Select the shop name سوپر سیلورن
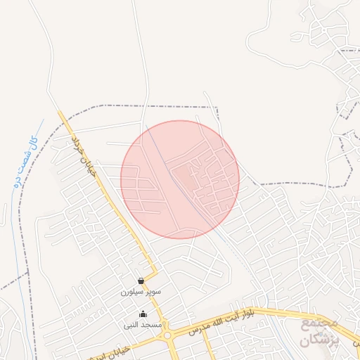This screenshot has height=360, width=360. pos(141,291)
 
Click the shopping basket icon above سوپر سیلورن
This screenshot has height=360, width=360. pos(141,281)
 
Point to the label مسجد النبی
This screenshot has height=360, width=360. pos(143,326)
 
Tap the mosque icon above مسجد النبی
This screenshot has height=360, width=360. pos(143,314)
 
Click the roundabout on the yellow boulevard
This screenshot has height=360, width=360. pos(168,335)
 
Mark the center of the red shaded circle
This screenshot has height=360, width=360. pos(180,179)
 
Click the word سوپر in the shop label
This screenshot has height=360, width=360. pos(154,291)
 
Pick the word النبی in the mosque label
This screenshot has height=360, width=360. pos(133,326)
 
